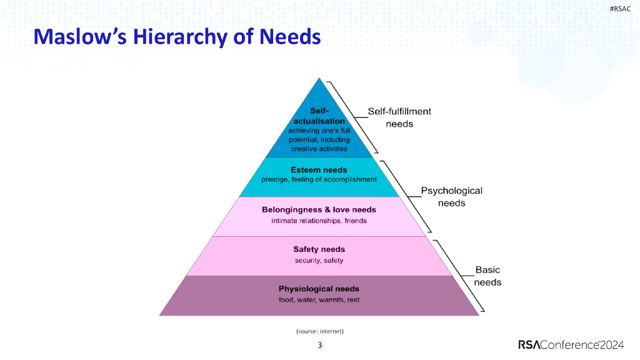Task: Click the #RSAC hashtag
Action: tap(619, 8)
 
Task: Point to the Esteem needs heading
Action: tap(319, 169)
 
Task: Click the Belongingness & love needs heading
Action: tap(319, 209)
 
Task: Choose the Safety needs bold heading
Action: tap(319, 249)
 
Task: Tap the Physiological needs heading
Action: tap(319, 289)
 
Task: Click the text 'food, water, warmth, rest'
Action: tap(319, 300)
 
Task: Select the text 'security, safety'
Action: tap(319, 261)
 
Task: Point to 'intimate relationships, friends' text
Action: tap(319, 221)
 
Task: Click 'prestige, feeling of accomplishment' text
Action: tap(319, 179)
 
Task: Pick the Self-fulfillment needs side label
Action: tap(399, 117)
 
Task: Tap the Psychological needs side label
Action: tap(451, 197)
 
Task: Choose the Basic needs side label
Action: tap(487, 276)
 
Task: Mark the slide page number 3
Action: tap(320, 345)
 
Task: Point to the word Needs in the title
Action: tap(290, 37)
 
